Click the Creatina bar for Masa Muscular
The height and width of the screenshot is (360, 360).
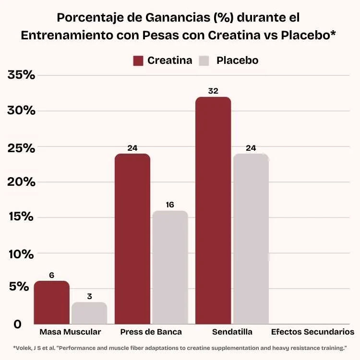[x=51, y=302]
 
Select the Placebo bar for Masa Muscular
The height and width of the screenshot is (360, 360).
[x=89, y=313]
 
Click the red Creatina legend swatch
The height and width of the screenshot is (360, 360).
[x=138, y=61]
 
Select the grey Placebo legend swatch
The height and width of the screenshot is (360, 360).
[x=204, y=61]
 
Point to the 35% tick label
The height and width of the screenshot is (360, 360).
[x=22, y=75]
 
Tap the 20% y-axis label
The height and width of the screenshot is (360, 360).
[x=22, y=182]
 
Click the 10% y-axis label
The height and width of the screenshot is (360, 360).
[x=22, y=253]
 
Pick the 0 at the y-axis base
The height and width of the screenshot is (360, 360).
[x=18, y=324]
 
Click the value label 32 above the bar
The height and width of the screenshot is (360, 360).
[x=213, y=91]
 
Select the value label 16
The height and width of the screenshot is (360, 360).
[x=170, y=204]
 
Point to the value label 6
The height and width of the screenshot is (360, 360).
[x=51, y=275]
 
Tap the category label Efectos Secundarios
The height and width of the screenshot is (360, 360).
[x=312, y=332]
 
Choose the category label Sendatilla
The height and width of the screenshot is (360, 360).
[x=232, y=332]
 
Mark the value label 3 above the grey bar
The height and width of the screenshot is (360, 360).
[x=89, y=296]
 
